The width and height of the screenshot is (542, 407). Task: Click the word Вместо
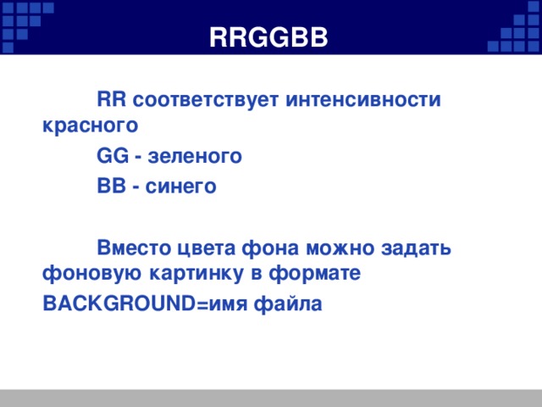(133, 248)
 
